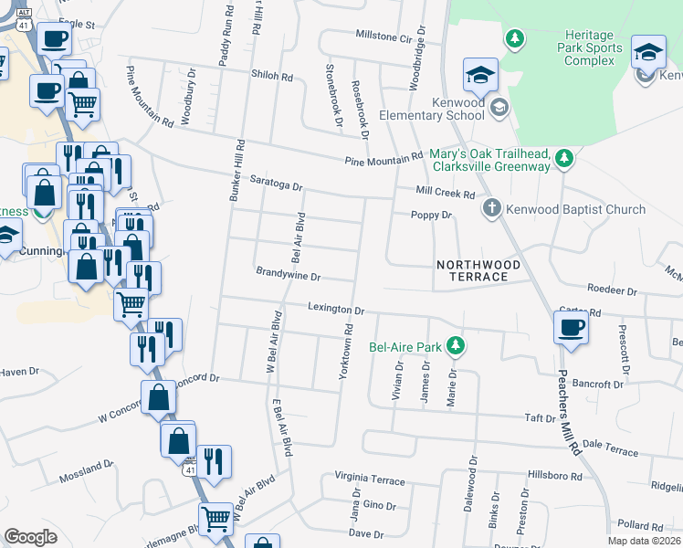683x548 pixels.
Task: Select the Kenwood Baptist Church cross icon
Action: point(491,209)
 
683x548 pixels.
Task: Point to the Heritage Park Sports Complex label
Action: point(592,48)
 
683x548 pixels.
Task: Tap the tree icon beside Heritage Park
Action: point(516,38)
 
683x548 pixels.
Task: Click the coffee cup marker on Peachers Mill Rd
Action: point(572,327)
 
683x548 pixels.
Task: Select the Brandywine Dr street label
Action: point(289,275)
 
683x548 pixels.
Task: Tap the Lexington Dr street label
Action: point(335,309)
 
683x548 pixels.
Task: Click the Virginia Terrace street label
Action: point(369,479)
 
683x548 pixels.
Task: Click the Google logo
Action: point(30,537)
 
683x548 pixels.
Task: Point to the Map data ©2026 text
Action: point(645,541)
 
